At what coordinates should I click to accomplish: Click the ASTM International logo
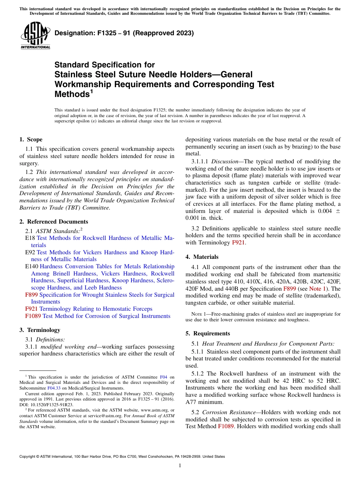pyautogui.click(x=35, y=36)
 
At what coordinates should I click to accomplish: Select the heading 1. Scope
pyautogui.click(x=31, y=139)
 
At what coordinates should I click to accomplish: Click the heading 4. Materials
pyautogui.click(x=202, y=257)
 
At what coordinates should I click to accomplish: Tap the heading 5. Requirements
pyautogui.click(x=208, y=333)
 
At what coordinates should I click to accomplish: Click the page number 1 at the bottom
pyautogui.click(x=180, y=466)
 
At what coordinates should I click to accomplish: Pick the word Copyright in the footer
pyautogui.click(x=28, y=457)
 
